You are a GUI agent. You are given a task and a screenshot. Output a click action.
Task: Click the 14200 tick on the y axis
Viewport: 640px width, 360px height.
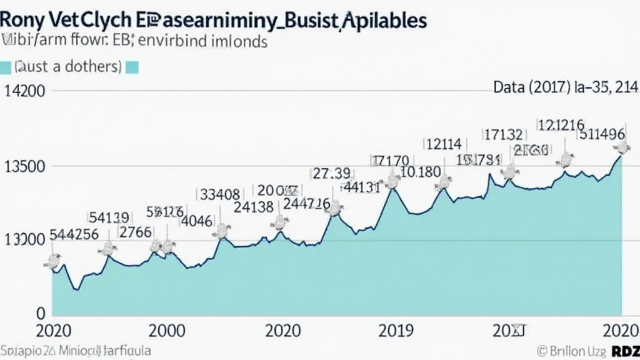click(24, 90)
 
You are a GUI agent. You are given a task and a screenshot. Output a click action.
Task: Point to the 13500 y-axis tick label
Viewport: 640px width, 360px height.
click(24, 166)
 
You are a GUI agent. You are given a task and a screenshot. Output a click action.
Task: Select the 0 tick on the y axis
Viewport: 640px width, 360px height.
click(39, 312)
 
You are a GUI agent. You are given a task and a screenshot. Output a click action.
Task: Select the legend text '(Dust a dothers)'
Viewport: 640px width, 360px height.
click(68, 66)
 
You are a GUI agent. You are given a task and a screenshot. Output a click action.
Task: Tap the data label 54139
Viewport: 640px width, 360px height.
click(109, 217)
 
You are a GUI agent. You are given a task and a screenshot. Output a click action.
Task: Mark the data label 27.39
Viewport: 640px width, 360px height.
click(331, 172)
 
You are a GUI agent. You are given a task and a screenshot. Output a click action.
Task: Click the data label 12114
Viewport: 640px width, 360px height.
click(443, 144)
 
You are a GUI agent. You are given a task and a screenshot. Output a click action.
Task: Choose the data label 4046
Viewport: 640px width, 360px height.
click(196, 220)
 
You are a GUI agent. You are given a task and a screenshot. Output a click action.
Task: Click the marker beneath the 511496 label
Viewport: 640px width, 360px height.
click(621, 148)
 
